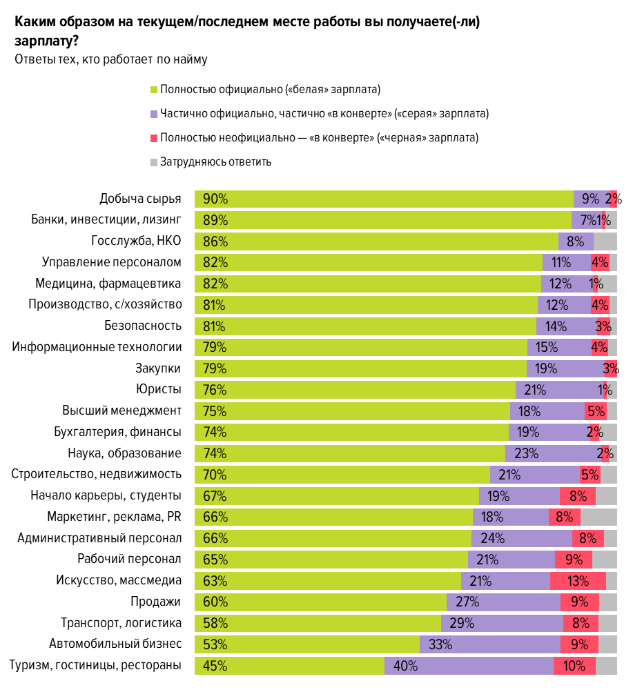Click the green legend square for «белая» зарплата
coord(154,90)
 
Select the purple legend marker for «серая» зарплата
coord(154,114)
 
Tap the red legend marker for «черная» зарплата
coord(154,138)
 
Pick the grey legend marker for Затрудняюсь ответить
coord(154,162)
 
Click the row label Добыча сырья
coord(140,199)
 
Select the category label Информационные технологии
coord(97,347)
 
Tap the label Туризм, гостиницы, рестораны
coord(95,665)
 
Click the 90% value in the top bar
coord(215,199)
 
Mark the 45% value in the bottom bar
coord(215,666)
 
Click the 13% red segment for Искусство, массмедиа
coord(578,581)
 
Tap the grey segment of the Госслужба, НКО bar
coord(605,242)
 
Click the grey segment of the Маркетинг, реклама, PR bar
coord(598,517)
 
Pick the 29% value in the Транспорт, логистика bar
coord(462,624)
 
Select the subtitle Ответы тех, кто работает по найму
coord(110,59)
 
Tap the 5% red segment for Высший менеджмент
coord(595,412)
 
